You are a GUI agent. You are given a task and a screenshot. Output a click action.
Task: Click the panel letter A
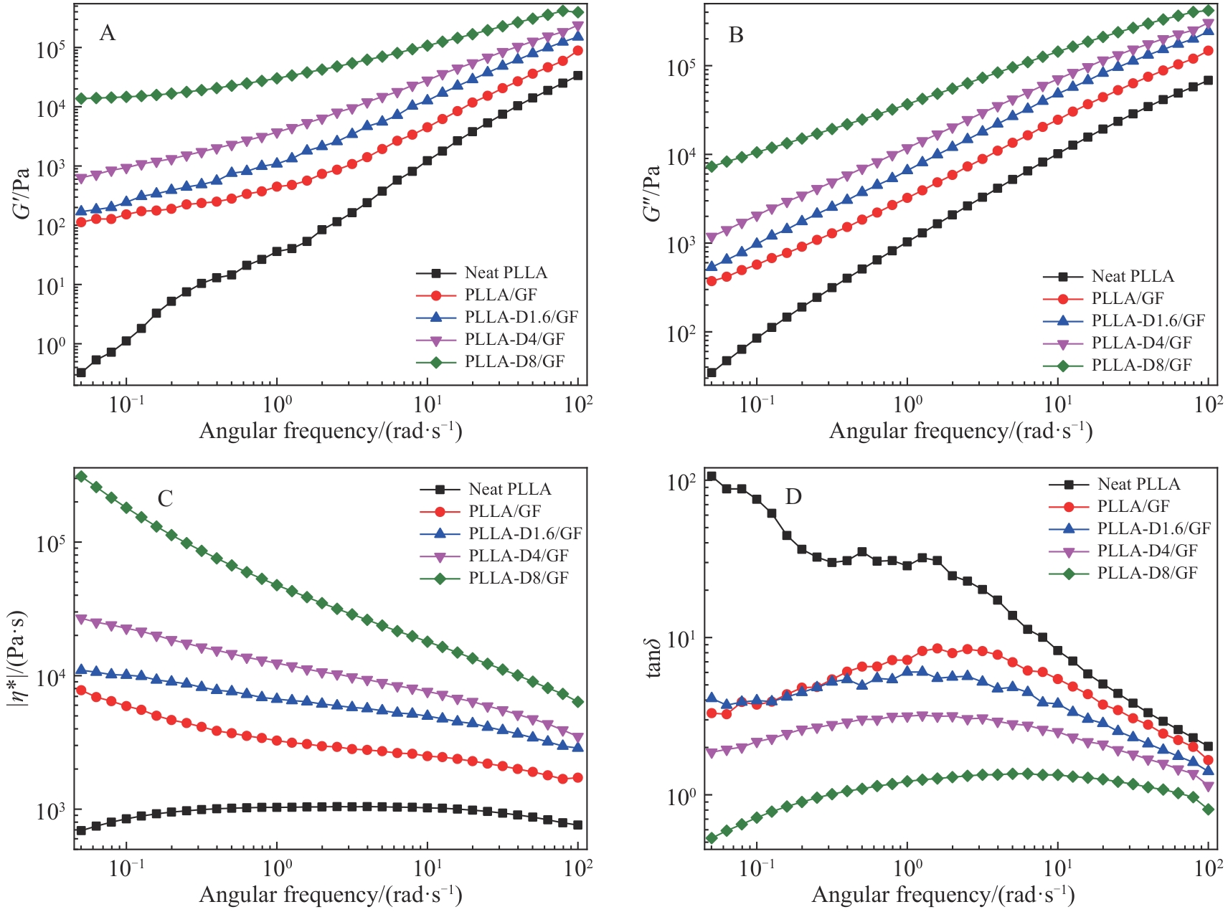click(107, 33)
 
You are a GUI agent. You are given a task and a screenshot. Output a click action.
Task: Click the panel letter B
click(736, 34)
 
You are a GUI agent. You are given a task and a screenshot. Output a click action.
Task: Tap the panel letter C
click(165, 498)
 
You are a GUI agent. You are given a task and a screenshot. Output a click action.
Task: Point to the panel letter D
click(793, 496)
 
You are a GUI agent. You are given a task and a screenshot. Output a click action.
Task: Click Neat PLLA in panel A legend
click(506, 273)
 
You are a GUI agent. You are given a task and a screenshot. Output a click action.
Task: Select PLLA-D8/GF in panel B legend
click(1141, 366)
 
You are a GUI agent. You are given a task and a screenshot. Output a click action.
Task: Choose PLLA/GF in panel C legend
click(504, 511)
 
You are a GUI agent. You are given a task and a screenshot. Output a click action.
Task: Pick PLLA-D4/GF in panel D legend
click(1147, 551)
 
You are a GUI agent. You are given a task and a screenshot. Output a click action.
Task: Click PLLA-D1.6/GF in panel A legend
click(521, 317)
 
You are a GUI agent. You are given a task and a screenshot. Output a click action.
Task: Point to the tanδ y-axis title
click(653, 656)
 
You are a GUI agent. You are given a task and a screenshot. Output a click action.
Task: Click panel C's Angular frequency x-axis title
click(330, 895)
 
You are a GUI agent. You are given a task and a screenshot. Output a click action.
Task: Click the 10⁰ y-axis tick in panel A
click(50, 346)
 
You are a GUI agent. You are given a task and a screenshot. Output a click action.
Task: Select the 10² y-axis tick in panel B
click(681, 333)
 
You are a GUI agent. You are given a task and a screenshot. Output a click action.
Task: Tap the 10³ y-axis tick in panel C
click(50, 811)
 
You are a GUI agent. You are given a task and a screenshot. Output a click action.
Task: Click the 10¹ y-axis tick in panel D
click(681, 639)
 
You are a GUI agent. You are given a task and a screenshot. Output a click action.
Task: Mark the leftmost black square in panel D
click(712, 476)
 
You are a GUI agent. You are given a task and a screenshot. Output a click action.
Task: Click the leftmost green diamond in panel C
click(81, 476)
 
